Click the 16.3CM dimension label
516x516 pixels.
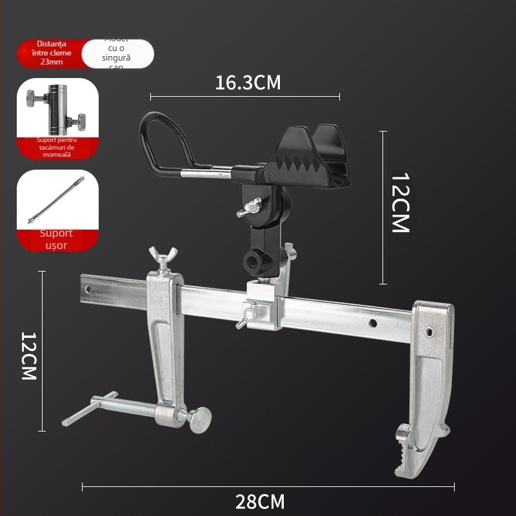click(x=248, y=83)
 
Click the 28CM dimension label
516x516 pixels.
click(x=261, y=501)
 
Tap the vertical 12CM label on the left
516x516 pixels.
click(x=29, y=356)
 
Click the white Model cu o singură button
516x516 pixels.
click(x=118, y=53)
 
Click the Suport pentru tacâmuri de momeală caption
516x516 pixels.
click(x=57, y=147)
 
